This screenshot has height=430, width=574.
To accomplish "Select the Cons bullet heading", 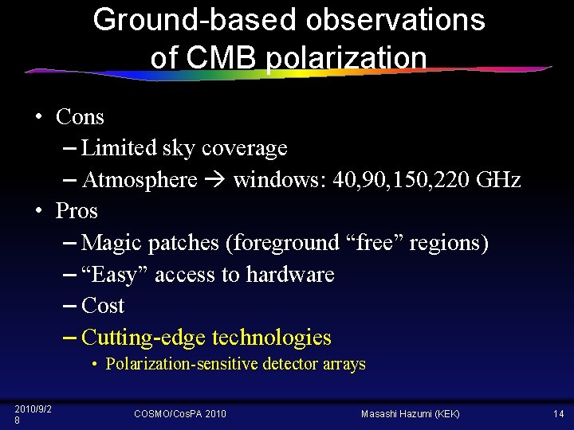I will tap(80, 117).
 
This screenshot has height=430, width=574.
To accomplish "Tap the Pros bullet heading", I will tap(77, 211).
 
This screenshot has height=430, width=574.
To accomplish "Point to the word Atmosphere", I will tap(140, 180).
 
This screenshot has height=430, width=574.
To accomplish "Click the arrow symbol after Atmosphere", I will tap(215, 181).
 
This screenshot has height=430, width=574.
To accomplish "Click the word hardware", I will tap(290, 275).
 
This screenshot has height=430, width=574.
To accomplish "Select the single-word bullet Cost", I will tap(103, 306).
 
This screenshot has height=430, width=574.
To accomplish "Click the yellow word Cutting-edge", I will tap(143, 338).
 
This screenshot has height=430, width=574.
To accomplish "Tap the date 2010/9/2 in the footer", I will tap(33, 409).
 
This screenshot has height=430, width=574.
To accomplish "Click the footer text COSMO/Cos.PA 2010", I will tap(179, 413).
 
